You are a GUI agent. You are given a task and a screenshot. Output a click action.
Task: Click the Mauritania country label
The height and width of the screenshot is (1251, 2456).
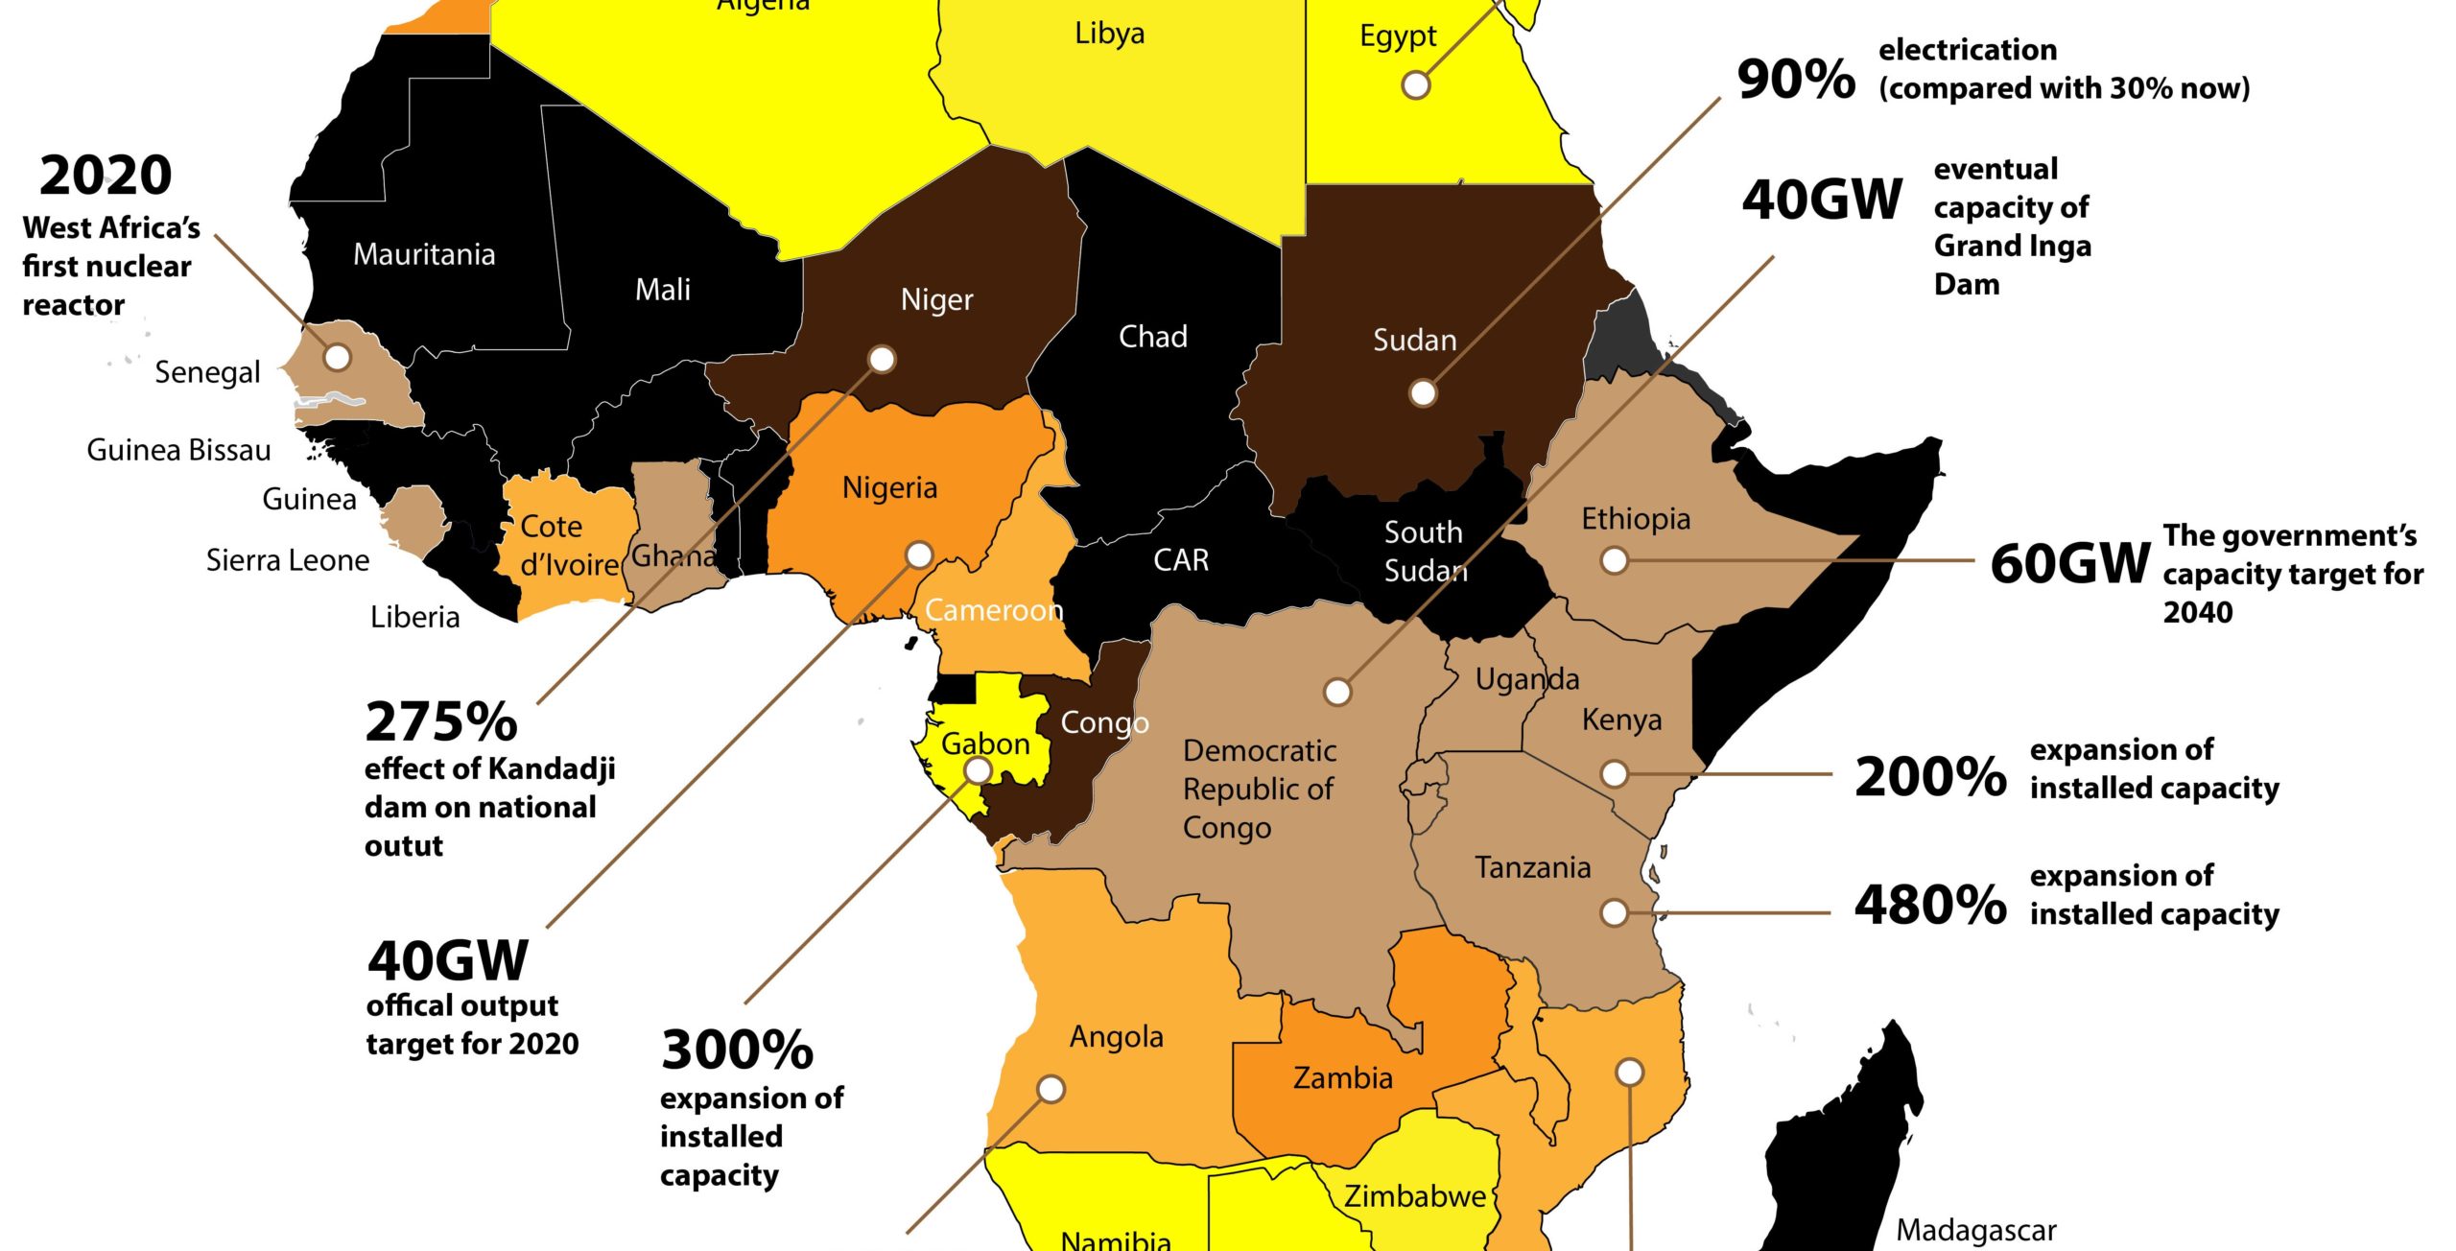[424, 255]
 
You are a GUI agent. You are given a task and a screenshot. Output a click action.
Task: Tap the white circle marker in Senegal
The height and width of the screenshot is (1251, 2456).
[337, 357]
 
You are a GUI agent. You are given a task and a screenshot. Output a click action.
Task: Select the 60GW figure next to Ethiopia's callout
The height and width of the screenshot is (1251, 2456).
[2069, 564]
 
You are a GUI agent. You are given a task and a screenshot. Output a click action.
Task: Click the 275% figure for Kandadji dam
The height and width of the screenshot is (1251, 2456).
[441, 723]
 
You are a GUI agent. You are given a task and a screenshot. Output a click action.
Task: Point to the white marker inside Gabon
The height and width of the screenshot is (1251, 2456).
[978, 769]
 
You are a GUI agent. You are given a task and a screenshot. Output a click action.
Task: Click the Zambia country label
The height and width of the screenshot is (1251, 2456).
[1342, 1078]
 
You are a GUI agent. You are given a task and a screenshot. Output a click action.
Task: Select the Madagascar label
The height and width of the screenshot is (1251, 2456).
[1976, 1230]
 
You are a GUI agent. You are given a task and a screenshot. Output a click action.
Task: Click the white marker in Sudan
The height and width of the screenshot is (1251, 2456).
[1423, 393]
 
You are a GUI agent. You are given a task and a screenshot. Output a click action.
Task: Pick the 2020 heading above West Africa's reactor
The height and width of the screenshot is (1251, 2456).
[106, 177]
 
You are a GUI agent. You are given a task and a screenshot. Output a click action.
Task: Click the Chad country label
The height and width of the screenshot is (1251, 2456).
[1152, 337]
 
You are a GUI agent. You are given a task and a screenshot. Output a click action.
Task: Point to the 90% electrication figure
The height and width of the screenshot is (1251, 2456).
[1796, 79]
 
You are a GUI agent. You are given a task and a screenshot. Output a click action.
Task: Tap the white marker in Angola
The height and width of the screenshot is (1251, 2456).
[1051, 1089]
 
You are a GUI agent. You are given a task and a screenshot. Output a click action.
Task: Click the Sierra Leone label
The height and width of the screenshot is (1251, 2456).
[288, 560]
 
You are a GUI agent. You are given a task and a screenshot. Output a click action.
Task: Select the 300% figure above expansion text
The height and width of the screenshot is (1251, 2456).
[737, 1050]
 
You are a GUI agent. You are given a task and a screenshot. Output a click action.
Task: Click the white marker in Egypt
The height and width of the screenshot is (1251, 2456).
[1416, 84]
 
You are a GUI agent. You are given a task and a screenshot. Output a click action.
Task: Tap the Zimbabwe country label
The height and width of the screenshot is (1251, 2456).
[1414, 1197]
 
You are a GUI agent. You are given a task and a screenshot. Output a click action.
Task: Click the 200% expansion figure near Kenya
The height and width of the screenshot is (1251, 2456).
[1930, 777]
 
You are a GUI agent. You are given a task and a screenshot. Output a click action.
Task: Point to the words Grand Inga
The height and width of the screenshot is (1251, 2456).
[2012, 247]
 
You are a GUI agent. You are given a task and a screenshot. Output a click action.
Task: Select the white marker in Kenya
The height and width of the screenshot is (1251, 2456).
[1615, 773]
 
